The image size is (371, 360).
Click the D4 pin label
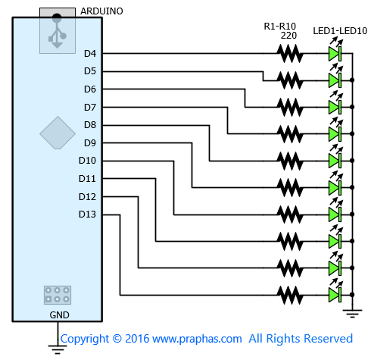90,54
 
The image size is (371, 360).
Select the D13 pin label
87,214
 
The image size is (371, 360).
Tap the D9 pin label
90,143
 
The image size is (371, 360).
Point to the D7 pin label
90,108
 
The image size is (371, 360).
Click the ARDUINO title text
101,11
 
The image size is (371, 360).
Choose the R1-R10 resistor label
280,27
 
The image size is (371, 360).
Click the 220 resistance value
288,36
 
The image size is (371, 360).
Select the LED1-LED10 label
340,31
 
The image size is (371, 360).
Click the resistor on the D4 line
290,54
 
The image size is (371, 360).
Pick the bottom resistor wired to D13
290,295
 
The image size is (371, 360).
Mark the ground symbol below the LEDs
352,313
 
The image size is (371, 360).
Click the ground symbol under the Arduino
58,349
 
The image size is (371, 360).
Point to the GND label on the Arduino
59,315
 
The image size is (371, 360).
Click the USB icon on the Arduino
58,31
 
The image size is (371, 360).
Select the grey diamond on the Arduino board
58,133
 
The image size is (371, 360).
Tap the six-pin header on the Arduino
58,295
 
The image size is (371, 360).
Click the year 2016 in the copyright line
137,339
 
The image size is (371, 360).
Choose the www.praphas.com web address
197,339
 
